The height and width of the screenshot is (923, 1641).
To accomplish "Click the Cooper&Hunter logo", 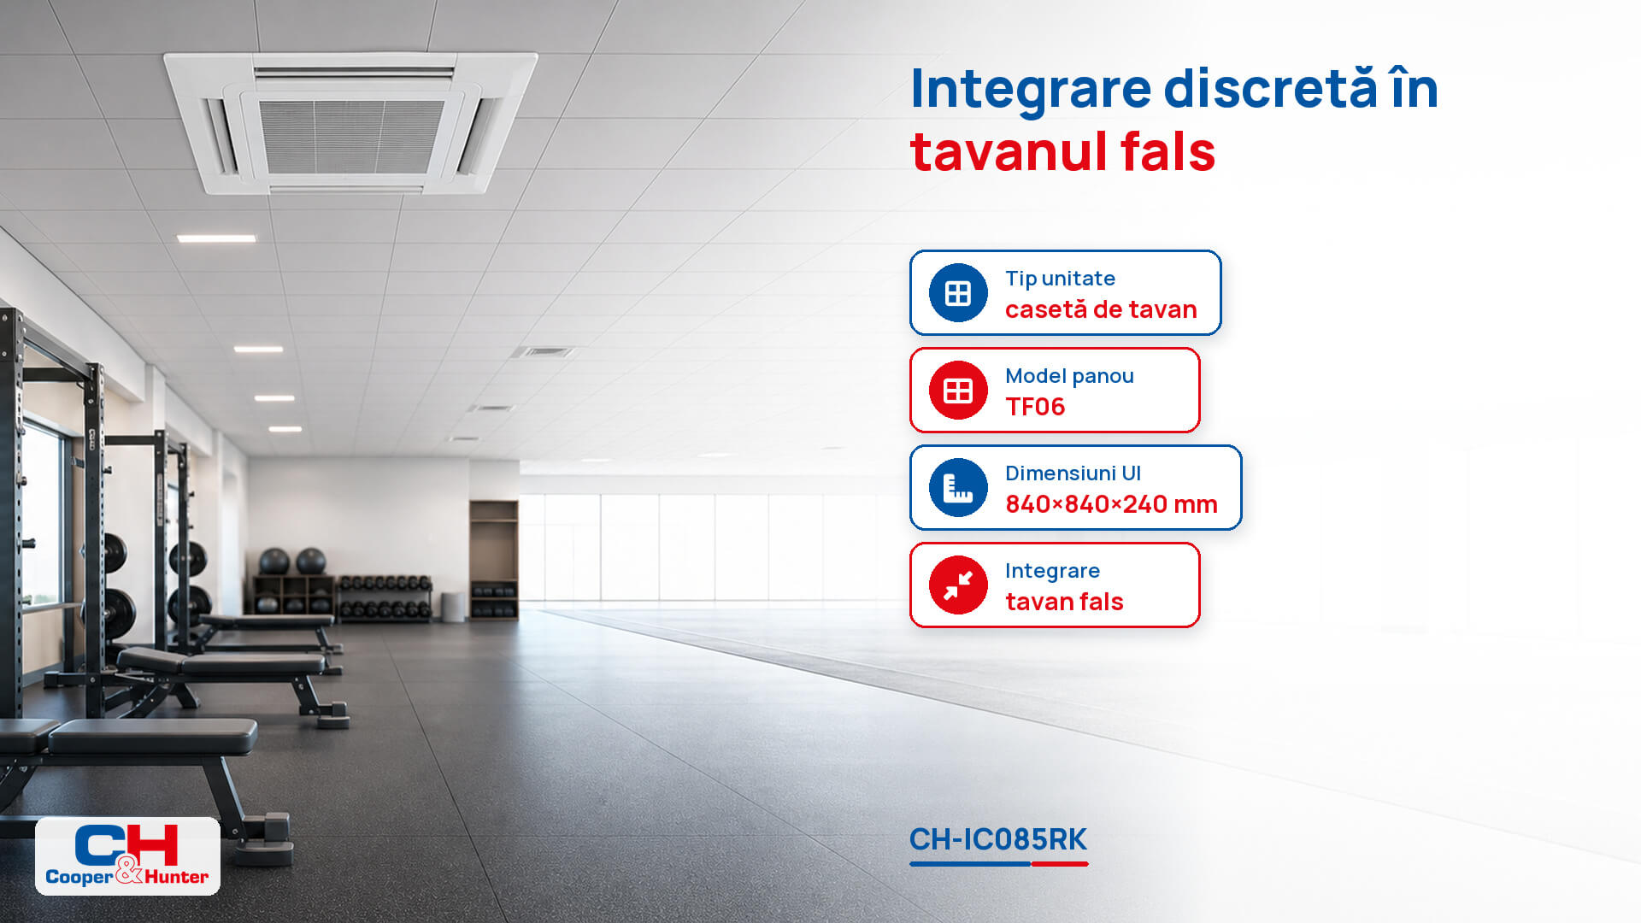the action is click(x=127, y=855).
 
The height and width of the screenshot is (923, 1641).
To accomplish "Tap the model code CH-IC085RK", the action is click(x=997, y=839).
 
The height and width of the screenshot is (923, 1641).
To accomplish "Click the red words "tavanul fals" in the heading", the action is click(x=1062, y=152).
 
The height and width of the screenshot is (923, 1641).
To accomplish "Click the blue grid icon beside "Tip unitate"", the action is click(x=958, y=293).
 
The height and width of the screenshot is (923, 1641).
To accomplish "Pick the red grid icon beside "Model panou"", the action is click(x=958, y=391).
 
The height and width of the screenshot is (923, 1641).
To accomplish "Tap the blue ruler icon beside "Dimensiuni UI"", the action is click(x=958, y=488).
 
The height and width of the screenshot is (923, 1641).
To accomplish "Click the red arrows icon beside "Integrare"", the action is click(x=958, y=585).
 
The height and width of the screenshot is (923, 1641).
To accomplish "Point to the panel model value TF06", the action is click(x=1035, y=407).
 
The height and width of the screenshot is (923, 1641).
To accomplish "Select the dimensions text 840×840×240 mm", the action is click(x=1111, y=504).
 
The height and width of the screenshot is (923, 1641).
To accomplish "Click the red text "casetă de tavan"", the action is click(x=1101, y=309).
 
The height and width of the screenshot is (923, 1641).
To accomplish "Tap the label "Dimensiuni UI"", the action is click(x=1073, y=473).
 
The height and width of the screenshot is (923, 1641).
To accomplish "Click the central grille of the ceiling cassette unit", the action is click(x=350, y=137).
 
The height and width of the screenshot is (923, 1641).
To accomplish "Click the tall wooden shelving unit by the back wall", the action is click(x=493, y=560).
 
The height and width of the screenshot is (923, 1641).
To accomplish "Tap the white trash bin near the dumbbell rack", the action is click(x=454, y=606).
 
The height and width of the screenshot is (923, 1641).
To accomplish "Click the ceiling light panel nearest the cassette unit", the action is click(x=216, y=238).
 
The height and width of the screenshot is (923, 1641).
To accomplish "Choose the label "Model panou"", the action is click(x=1069, y=376).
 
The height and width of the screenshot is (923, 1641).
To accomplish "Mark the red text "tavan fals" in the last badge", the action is click(x=1064, y=602).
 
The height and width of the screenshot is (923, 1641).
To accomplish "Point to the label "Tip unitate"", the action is click(x=1060, y=279).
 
